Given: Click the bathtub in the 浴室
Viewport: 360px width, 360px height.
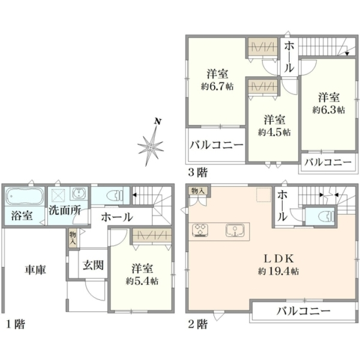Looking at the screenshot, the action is (25, 197).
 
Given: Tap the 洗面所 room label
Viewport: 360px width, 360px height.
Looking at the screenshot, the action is (65, 211).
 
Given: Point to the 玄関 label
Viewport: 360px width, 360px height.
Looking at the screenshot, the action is (93, 265).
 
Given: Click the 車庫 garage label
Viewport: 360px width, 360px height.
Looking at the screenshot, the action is (35, 269).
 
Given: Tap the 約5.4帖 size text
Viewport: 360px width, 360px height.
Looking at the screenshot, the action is (142, 281).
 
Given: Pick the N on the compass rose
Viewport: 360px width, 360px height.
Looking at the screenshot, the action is (157, 121).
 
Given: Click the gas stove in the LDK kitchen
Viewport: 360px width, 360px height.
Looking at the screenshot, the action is (200, 230).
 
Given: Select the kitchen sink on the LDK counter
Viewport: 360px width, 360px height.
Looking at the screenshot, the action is (235, 230).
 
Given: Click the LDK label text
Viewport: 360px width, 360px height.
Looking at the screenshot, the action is (278, 259).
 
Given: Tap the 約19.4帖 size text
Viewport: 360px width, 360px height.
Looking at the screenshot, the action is (278, 272).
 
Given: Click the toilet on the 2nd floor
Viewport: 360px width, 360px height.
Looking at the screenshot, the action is (326, 216).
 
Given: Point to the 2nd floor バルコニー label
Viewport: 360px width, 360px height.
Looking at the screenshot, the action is (303, 311).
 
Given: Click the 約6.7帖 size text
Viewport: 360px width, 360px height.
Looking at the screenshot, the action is (217, 86).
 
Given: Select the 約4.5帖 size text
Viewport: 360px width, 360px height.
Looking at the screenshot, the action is (274, 132).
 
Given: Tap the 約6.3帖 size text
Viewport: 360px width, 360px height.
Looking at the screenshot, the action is (329, 110).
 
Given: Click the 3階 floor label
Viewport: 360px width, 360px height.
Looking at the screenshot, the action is (197, 172).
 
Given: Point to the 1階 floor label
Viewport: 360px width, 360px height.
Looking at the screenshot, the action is (15, 324).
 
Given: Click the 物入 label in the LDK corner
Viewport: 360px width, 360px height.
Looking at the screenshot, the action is (198, 191).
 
